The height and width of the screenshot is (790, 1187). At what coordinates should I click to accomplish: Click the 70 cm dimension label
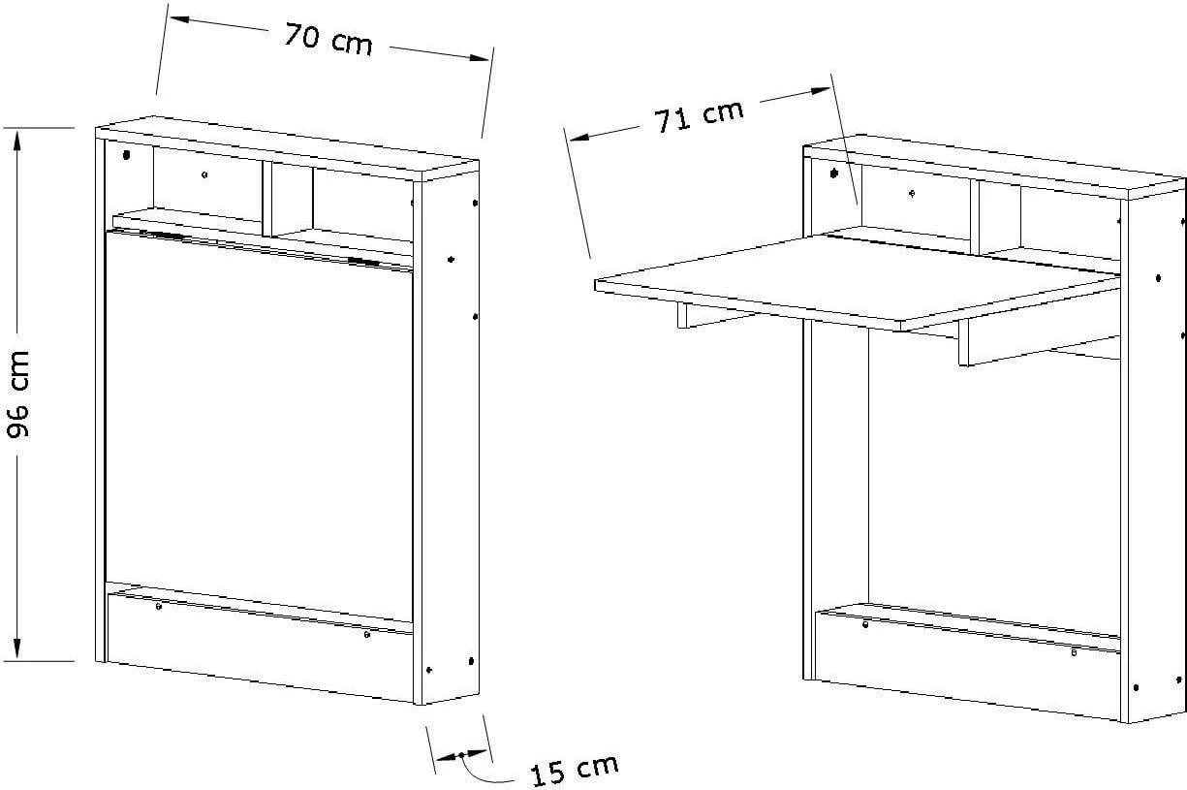pos(328,39)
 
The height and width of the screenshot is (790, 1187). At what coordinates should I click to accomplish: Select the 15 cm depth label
pos(575,770)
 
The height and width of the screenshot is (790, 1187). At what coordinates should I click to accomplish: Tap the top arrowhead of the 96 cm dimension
pos(17,140)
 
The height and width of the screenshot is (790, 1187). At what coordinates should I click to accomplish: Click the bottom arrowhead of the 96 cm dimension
pos(17,649)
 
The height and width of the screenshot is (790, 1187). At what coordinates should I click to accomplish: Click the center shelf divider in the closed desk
pos(267,199)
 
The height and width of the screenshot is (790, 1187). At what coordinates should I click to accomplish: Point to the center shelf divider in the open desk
pos(977,216)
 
